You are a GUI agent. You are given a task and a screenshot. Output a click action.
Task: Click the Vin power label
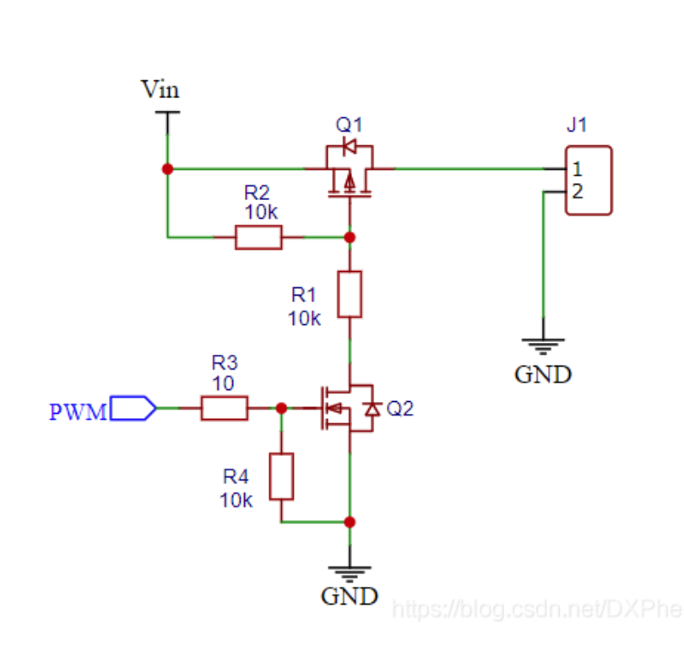coord(160,89)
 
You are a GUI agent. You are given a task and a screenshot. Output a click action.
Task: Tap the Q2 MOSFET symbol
coord(347,409)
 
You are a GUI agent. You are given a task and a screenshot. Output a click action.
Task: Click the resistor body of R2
coord(258,237)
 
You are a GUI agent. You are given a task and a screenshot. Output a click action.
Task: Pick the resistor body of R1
coord(350,294)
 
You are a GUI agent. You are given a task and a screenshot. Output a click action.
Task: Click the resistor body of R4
coord(282,476)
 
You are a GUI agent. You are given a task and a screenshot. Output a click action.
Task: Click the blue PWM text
coord(78,412)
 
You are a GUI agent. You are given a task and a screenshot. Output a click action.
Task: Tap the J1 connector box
coord(588,180)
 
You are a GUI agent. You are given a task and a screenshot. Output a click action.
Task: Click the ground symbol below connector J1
coord(543,345)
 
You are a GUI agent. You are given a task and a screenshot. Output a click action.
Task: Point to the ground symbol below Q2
coord(350,569)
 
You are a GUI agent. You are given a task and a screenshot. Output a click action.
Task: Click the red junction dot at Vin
coord(167,169)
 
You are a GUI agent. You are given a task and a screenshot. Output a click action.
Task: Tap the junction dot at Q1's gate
coord(350,237)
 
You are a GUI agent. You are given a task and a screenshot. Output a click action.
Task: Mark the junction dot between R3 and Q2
coord(282,409)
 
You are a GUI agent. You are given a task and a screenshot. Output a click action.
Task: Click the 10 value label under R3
coord(223,383)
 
